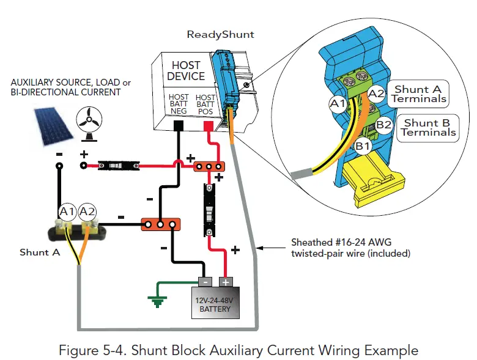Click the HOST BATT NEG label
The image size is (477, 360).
[179, 105]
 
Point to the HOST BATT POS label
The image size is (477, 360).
[205, 105]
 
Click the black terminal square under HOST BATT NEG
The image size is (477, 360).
[180, 126]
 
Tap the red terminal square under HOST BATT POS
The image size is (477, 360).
[207, 126]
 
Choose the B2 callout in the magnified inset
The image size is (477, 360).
[383, 126]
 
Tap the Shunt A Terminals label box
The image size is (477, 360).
[419, 94]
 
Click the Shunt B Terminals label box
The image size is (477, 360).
[428, 128]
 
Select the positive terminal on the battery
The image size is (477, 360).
[225, 282]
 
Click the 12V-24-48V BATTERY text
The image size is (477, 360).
[215, 304]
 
